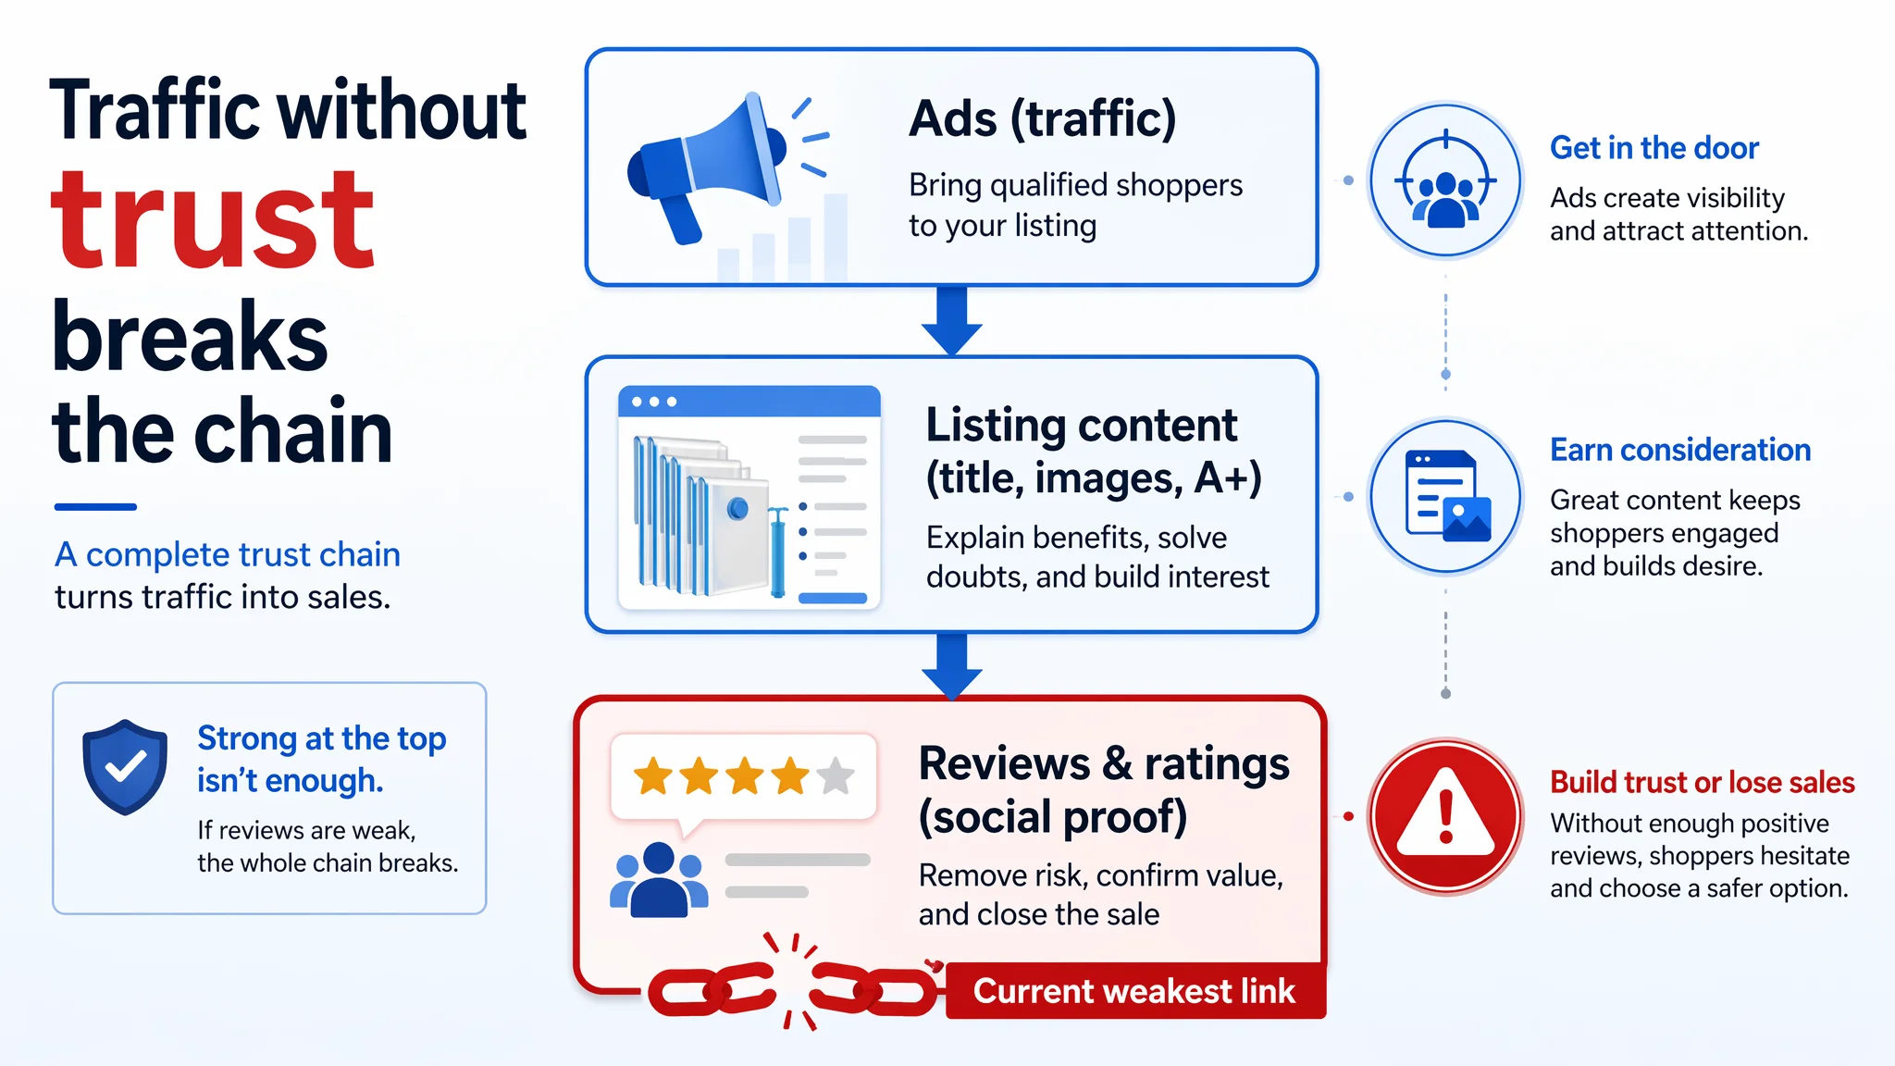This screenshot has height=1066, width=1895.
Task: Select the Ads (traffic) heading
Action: pos(1042,120)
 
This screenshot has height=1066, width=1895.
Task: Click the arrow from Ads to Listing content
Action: pos(951,320)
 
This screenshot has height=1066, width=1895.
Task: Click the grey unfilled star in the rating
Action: pos(836,775)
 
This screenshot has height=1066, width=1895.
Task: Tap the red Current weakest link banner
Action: pos(1135,991)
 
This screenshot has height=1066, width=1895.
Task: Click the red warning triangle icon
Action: pos(1445,814)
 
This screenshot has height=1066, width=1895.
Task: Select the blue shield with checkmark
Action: pos(125,767)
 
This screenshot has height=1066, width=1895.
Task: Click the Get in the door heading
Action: pos(1654,148)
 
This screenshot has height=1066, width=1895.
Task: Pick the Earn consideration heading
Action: pos(1680,450)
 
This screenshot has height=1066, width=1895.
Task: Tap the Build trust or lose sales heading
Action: pos(1703,782)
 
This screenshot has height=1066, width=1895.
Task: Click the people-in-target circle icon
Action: pos(1445,180)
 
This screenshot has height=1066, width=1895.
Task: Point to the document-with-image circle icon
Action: pos(1445,497)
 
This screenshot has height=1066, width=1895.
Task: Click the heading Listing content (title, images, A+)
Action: pos(1094,452)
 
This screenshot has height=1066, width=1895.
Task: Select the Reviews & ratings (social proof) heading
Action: pos(1104,790)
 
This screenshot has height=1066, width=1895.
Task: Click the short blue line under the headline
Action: pos(95,507)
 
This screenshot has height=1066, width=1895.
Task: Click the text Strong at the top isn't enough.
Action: pos(322,759)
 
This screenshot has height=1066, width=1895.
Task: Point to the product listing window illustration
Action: pos(749,498)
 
